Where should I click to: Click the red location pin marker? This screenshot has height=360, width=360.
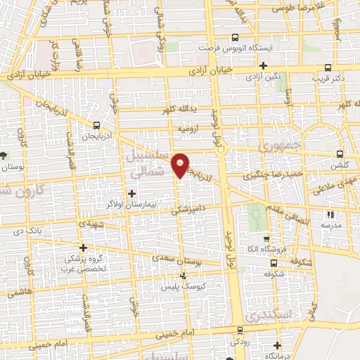(181, 165)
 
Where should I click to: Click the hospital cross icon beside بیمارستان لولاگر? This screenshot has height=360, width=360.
(131, 193)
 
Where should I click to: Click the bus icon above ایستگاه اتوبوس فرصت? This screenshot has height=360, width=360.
(234, 38)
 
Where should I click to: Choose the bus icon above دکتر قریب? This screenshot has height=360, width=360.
(328, 68)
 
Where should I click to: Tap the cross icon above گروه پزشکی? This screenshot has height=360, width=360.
(84, 247)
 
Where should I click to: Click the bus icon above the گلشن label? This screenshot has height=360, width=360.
(340, 154)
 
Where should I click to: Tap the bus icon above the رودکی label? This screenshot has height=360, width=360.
(240, 330)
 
